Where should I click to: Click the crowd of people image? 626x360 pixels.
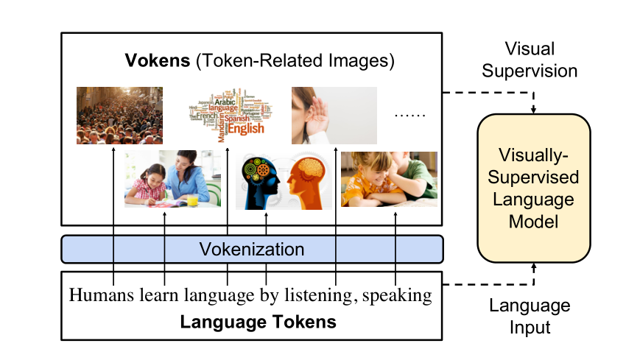pyautogui.click(x=119, y=116)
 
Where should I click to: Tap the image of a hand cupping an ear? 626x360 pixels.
pyautogui.click(x=334, y=116)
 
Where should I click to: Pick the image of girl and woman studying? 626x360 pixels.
pyautogui.click(x=172, y=179)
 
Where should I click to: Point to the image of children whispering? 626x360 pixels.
pyautogui.click(x=389, y=179)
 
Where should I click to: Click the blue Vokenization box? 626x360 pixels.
pyautogui.click(x=252, y=250)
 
